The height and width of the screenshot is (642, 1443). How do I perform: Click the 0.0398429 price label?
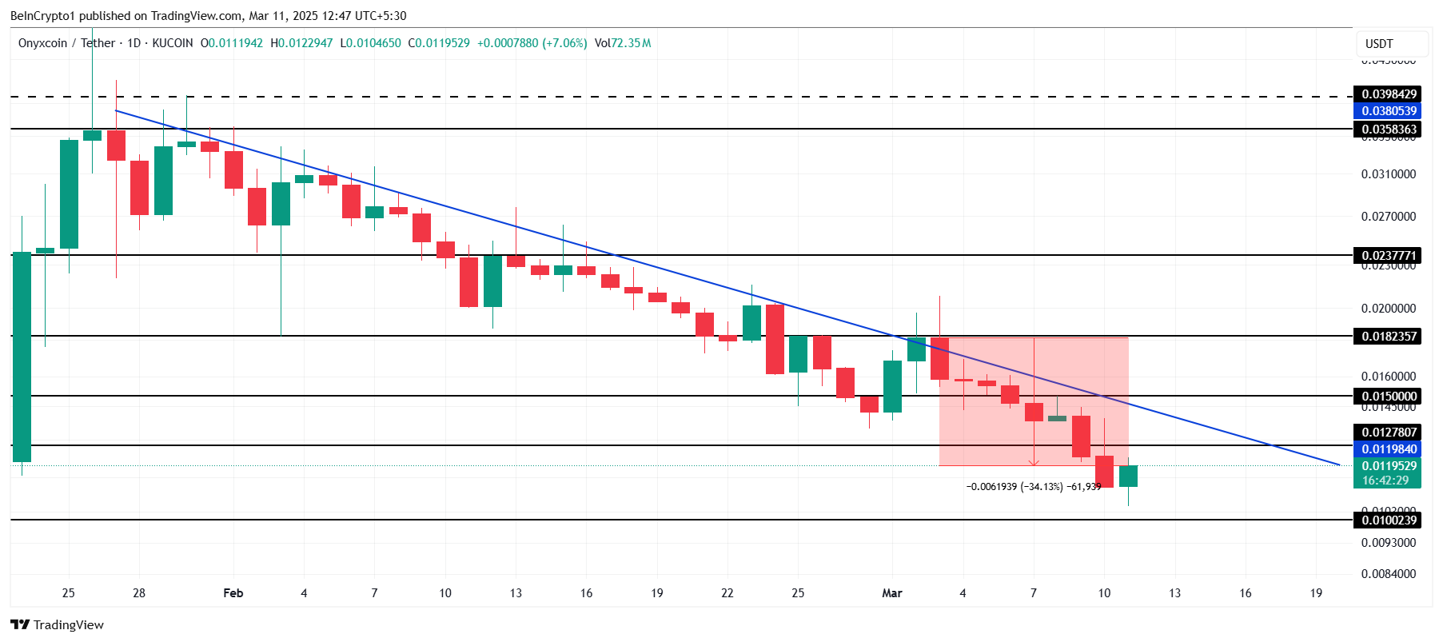point(1389,94)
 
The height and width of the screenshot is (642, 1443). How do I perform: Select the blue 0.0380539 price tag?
point(1389,111)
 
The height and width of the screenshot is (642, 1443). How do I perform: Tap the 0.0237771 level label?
point(1389,256)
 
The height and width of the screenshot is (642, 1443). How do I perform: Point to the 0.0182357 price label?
point(1389,337)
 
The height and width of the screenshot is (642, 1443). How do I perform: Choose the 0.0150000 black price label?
point(1389,397)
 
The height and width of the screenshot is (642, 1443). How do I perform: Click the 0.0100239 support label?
point(1389,520)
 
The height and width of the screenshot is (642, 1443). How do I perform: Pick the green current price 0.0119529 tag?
point(1389,466)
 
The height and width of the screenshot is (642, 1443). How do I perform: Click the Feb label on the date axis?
point(233,593)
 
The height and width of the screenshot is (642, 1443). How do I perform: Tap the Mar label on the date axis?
point(891,593)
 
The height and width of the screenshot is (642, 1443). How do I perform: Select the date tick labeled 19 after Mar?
point(1316,593)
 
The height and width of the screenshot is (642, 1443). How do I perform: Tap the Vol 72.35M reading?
point(623,43)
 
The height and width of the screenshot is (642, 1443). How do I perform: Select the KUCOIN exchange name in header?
point(172,43)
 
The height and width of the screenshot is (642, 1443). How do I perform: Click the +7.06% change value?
point(565,43)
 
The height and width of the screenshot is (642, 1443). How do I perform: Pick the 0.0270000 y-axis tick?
point(1388,217)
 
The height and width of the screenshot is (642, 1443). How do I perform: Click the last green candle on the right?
point(1128,476)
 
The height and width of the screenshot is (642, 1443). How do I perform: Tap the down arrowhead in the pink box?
point(1034,462)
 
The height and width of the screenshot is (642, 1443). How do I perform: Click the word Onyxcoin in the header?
point(43,43)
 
